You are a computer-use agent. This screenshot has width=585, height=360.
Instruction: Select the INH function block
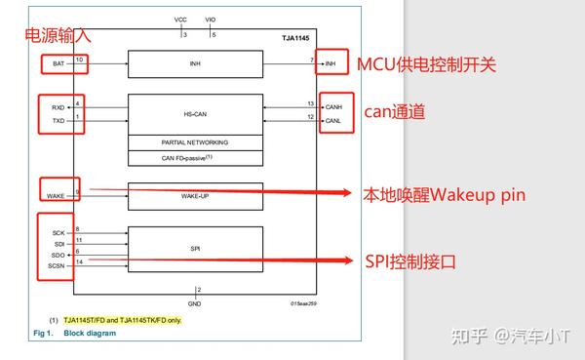195,64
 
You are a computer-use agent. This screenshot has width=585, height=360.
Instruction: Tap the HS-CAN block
195,113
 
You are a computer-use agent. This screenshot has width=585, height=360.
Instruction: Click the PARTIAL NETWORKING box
195,141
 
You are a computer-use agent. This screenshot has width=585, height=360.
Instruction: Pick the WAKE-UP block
195,196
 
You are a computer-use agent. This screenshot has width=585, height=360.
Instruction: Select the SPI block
195,250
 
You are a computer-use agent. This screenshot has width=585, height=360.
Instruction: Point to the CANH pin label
333,106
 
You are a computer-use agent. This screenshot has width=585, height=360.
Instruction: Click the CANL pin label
333,121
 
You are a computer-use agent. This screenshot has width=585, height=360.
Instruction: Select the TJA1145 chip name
294,39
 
